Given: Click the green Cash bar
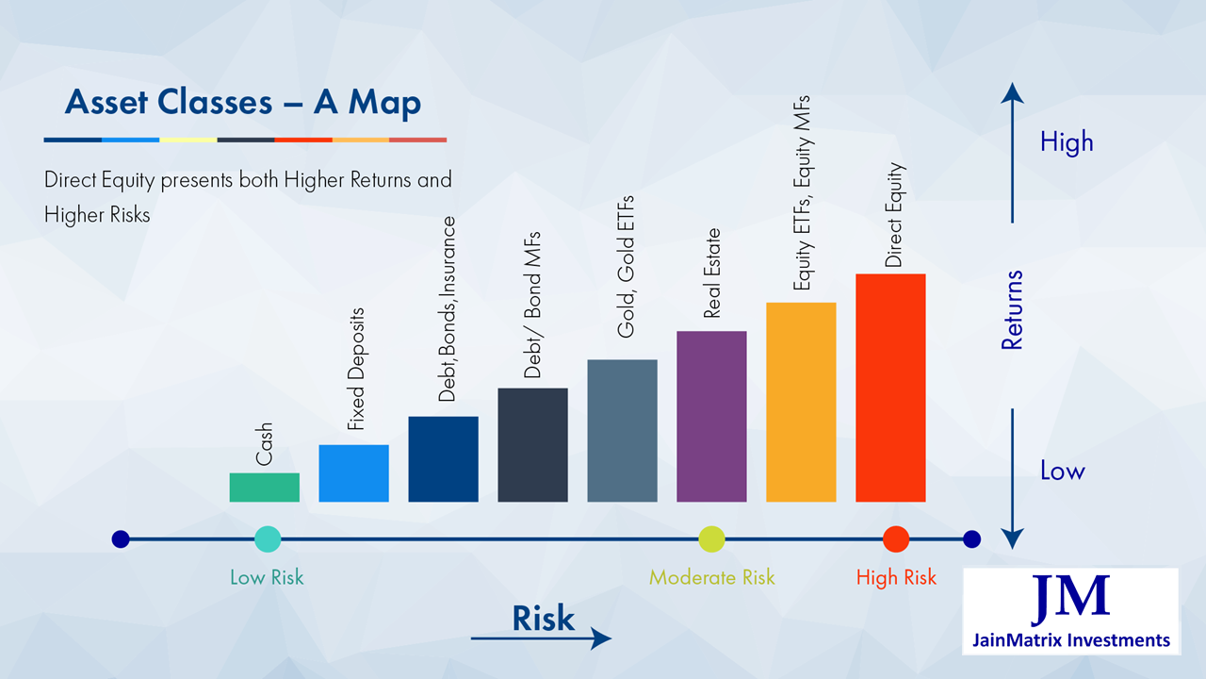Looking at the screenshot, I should pyautogui.click(x=264, y=487).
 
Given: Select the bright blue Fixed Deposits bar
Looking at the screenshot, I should pyautogui.click(x=353, y=472).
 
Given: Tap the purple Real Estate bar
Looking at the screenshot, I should pyautogui.click(x=711, y=416).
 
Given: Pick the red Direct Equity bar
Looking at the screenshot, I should pyautogui.click(x=890, y=388).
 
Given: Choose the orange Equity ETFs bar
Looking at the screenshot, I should pyautogui.click(x=801, y=402).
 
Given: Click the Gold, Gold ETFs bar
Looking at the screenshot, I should pyautogui.click(x=622, y=430).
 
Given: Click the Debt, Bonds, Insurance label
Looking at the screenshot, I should pyautogui.click(x=448, y=309).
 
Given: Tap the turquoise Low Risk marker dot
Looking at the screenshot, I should pyautogui.click(x=268, y=539).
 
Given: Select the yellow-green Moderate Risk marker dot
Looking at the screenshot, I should pyautogui.click(x=711, y=539).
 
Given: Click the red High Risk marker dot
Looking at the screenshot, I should pyautogui.click(x=896, y=539).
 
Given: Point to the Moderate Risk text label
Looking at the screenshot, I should pyautogui.click(x=711, y=577).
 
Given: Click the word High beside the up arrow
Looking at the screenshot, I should pyautogui.click(x=1067, y=142).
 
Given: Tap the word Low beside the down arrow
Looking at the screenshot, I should pyautogui.click(x=1062, y=471).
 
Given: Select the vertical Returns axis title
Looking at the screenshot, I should pyautogui.click(x=1012, y=310).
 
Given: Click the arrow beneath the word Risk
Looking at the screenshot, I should pyautogui.click(x=541, y=638).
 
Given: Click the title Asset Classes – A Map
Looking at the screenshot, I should pyautogui.click(x=242, y=103).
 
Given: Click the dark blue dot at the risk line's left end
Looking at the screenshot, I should pyautogui.click(x=121, y=539).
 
